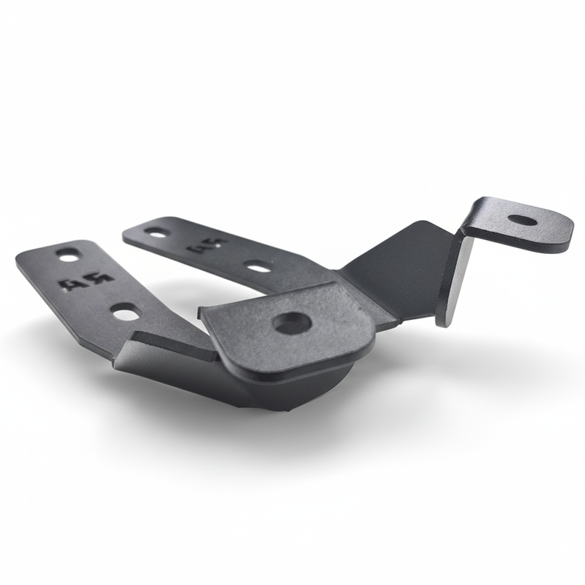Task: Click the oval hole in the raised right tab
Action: (524, 220)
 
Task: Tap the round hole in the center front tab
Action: (291, 322)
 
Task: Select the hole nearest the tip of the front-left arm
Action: (68, 255)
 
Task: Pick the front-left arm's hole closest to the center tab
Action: (126, 312)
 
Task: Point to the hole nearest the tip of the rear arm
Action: (157, 233)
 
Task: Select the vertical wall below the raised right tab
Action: (454, 278)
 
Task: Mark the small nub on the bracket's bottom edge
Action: (291, 408)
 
